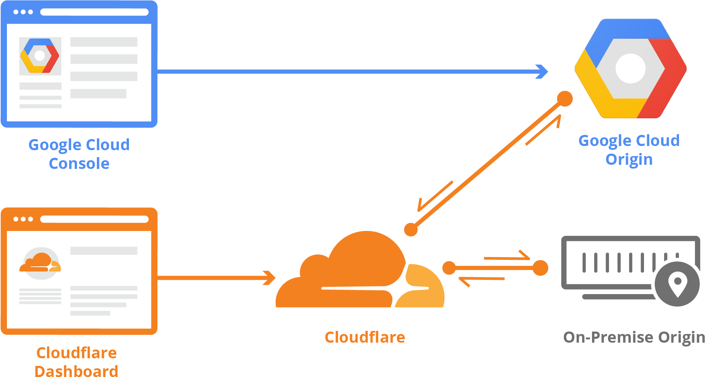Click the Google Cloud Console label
point(79,154)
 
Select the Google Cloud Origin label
point(629,150)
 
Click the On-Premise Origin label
point(634,337)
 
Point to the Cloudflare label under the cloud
point(365,337)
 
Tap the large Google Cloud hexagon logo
point(630,68)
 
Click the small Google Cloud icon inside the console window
point(40,56)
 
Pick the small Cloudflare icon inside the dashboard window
point(41,264)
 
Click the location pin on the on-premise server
point(677,284)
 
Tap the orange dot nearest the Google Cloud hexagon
point(565,99)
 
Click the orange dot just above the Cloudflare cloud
point(411,229)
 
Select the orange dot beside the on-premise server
point(540,268)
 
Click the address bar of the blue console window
point(94,12)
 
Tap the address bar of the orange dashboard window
point(94,219)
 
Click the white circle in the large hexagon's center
point(630,68)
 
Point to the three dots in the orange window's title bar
point(23,219)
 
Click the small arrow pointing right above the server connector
point(507,257)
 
